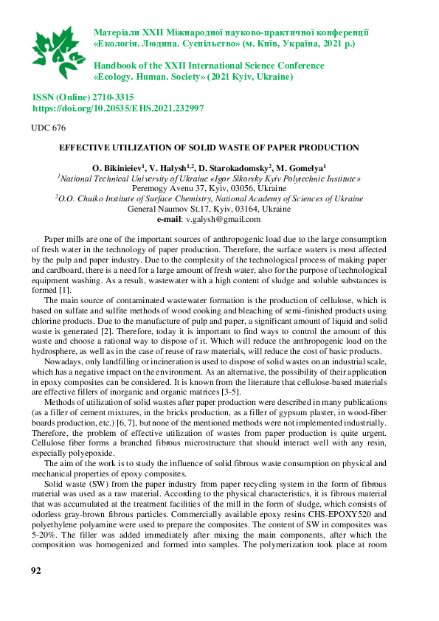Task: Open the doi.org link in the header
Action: pos(118,108)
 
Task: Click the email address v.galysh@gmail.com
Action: pos(223,219)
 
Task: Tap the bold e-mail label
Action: pos(169,219)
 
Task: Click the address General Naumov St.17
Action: pos(170,209)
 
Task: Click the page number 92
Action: pos(36,572)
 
